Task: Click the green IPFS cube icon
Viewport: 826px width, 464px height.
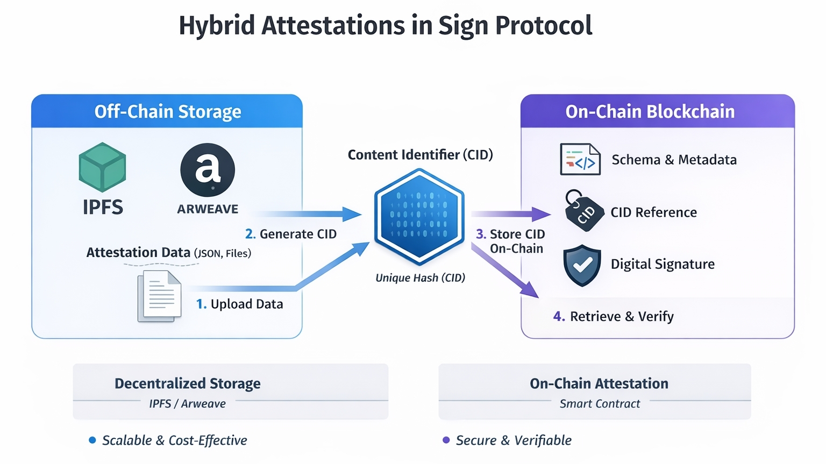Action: point(102,167)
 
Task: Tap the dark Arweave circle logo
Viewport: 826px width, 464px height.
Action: point(208,169)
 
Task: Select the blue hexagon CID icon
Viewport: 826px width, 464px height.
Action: point(419,216)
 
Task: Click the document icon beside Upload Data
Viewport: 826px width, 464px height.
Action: point(159,296)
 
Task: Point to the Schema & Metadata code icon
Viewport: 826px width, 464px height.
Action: point(580,159)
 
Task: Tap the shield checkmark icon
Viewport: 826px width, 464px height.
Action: point(582,265)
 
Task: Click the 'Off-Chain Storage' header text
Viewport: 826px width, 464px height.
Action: point(168,111)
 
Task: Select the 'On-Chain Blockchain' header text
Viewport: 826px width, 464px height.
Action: point(650,111)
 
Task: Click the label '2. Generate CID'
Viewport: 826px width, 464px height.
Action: point(291,234)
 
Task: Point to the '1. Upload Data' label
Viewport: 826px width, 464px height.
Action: point(240,304)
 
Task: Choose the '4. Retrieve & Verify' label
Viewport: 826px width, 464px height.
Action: point(614,316)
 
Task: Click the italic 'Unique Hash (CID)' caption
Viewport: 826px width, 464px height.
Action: point(420,277)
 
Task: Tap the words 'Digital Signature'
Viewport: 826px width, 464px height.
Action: point(663,264)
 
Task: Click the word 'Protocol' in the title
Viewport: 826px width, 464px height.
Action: point(544,25)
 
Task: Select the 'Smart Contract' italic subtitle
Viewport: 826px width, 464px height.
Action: point(600,403)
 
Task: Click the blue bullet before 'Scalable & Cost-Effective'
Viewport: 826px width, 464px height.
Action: point(92,440)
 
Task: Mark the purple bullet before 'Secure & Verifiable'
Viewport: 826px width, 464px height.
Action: point(446,440)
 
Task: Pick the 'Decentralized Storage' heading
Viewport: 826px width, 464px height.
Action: point(188,383)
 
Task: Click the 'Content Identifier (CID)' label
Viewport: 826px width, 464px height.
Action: point(420,155)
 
